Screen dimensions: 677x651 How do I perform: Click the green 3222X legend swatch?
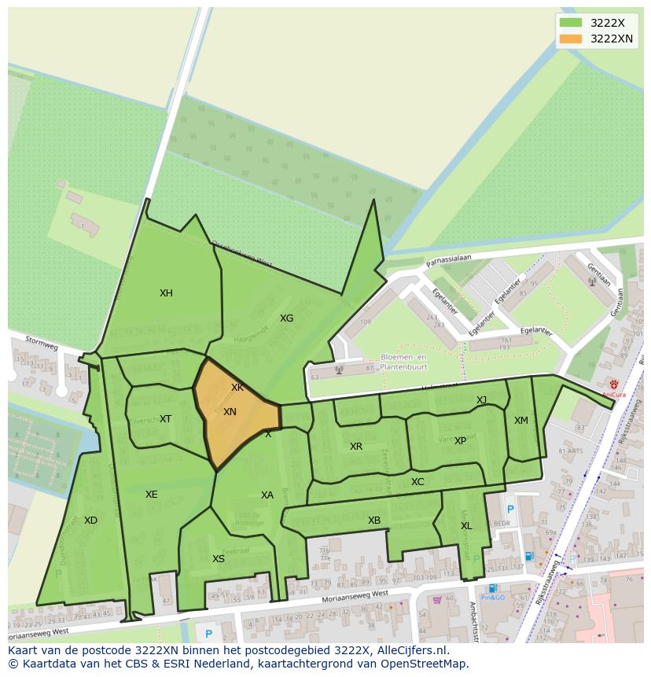coord(571,23)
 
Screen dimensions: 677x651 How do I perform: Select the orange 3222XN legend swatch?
coord(571,39)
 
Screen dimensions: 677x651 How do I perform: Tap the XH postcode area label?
coord(166,293)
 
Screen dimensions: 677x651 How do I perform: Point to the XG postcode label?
coord(286,318)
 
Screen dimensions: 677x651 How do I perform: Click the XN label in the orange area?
coord(230,412)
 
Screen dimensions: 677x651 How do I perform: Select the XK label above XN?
coord(237,388)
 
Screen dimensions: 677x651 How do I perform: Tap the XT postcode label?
coord(165,419)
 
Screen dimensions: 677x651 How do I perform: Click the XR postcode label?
coord(356,447)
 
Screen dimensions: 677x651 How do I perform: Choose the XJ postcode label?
coord(481,400)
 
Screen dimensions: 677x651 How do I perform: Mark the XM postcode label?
coord(521,421)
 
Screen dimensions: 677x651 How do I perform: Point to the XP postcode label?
coord(460,441)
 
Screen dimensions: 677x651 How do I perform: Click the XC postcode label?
coord(417,482)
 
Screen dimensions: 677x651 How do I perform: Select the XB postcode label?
coord(374,521)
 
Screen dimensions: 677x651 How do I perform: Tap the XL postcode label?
coord(466,526)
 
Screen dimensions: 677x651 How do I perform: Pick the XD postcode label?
coord(90,521)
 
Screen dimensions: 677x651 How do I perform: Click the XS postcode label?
coord(219,559)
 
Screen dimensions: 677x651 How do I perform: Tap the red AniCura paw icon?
coord(613,384)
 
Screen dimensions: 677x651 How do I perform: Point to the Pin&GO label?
coord(493,598)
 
